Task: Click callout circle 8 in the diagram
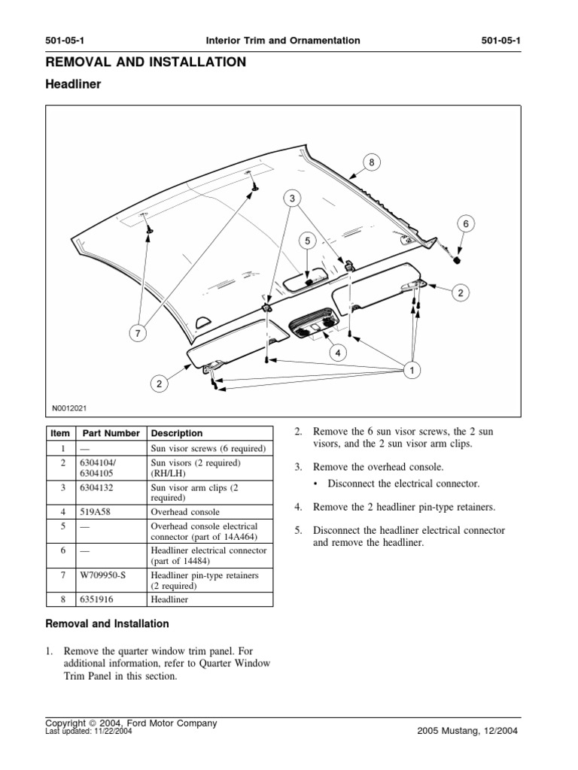pos(370,161)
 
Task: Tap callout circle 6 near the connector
pos(465,223)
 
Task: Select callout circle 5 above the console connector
pos(307,241)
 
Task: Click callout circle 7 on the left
pos(138,333)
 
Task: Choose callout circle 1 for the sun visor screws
pos(412,370)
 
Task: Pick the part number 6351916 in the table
pos(97,600)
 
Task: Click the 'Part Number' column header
pos(111,433)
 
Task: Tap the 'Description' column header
pos(177,433)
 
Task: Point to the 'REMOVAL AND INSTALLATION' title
pos(146,62)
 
